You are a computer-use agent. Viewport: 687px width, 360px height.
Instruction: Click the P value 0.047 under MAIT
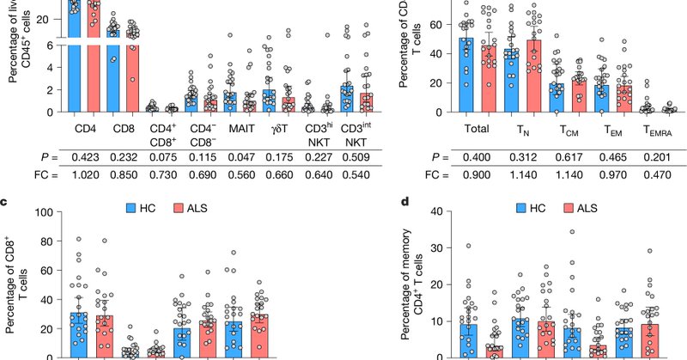click(234, 157)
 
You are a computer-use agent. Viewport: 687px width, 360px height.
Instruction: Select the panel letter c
click(6, 203)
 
